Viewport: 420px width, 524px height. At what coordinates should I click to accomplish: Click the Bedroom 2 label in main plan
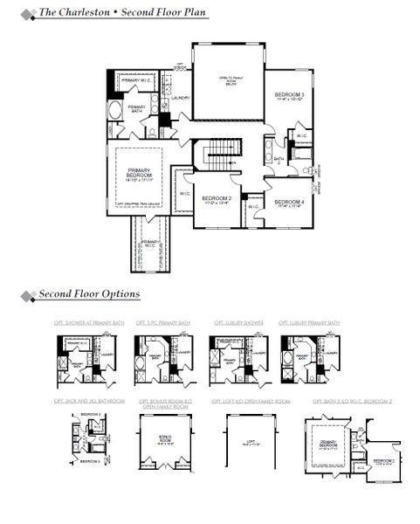[216, 200]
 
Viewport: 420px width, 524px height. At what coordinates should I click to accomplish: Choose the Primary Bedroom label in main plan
[139, 174]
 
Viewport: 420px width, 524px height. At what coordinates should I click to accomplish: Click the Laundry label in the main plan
[181, 99]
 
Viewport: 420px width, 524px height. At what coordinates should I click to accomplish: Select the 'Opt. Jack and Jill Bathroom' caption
[88, 401]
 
